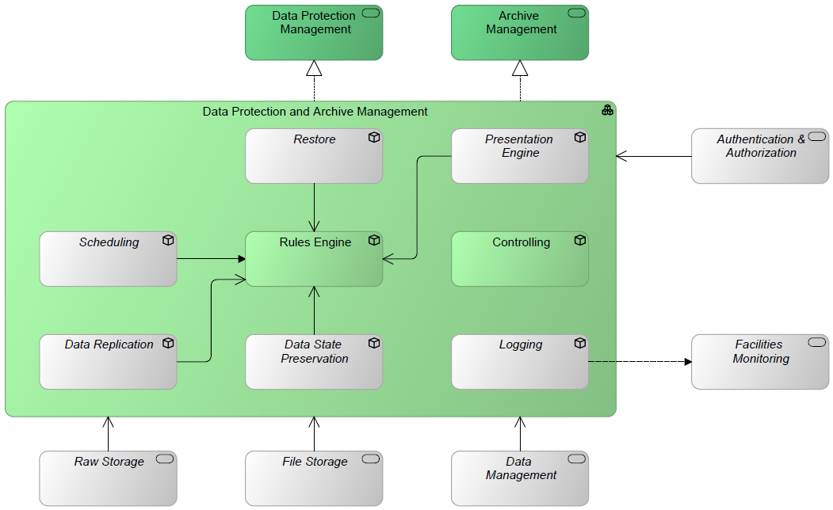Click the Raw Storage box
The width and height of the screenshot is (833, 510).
[x=108, y=478]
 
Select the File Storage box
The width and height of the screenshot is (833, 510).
[x=314, y=478]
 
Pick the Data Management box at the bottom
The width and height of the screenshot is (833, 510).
[x=520, y=478]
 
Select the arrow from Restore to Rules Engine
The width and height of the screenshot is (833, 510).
[x=315, y=207]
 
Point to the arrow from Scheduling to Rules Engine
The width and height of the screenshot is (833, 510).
[x=210, y=259]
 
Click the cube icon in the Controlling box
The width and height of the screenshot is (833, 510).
[x=580, y=240]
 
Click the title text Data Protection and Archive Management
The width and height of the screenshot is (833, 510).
[x=315, y=112]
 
